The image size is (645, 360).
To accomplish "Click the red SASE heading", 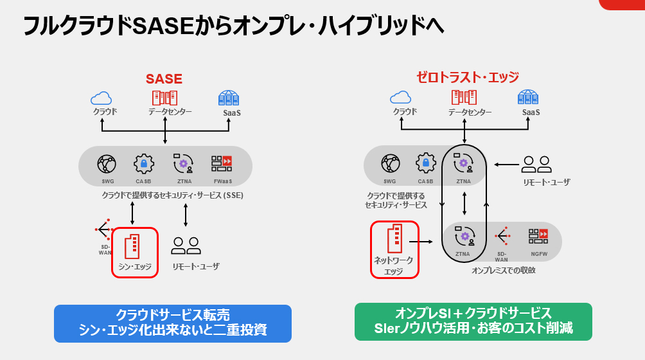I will pyautogui.click(x=164, y=79).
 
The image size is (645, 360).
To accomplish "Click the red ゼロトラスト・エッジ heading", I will pyautogui.click(x=467, y=77).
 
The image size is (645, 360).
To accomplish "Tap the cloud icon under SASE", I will pyautogui.click(x=102, y=98).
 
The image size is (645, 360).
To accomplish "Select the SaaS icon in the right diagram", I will pyautogui.click(x=528, y=97).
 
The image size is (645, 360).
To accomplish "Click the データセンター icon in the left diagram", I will pyautogui.click(x=164, y=98).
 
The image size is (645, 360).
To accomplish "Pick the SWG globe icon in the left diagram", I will pyautogui.click(x=107, y=164).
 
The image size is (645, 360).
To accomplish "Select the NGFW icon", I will pyautogui.click(x=538, y=236).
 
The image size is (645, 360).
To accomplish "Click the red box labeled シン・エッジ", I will pyautogui.click(x=135, y=252).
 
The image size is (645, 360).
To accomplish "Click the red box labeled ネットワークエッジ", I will pyautogui.click(x=394, y=249).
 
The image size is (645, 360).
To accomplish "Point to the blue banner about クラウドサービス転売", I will pyautogui.click(x=173, y=323).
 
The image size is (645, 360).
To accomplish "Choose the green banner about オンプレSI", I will pyautogui.click(x=473, y=321).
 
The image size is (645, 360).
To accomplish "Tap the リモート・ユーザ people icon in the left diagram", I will pyautogui.click(x=186, y=246).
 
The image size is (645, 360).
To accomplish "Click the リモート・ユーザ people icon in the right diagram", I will pyautogui.click(x=536, y=165).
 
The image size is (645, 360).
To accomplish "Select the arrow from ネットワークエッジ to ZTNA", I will pyautogui.click(x=421, y=242).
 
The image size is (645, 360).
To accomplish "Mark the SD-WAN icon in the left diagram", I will pyautogui.click(x=104, y=230).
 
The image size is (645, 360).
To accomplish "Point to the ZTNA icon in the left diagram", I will pyautogui.click(x=183, y=164).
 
